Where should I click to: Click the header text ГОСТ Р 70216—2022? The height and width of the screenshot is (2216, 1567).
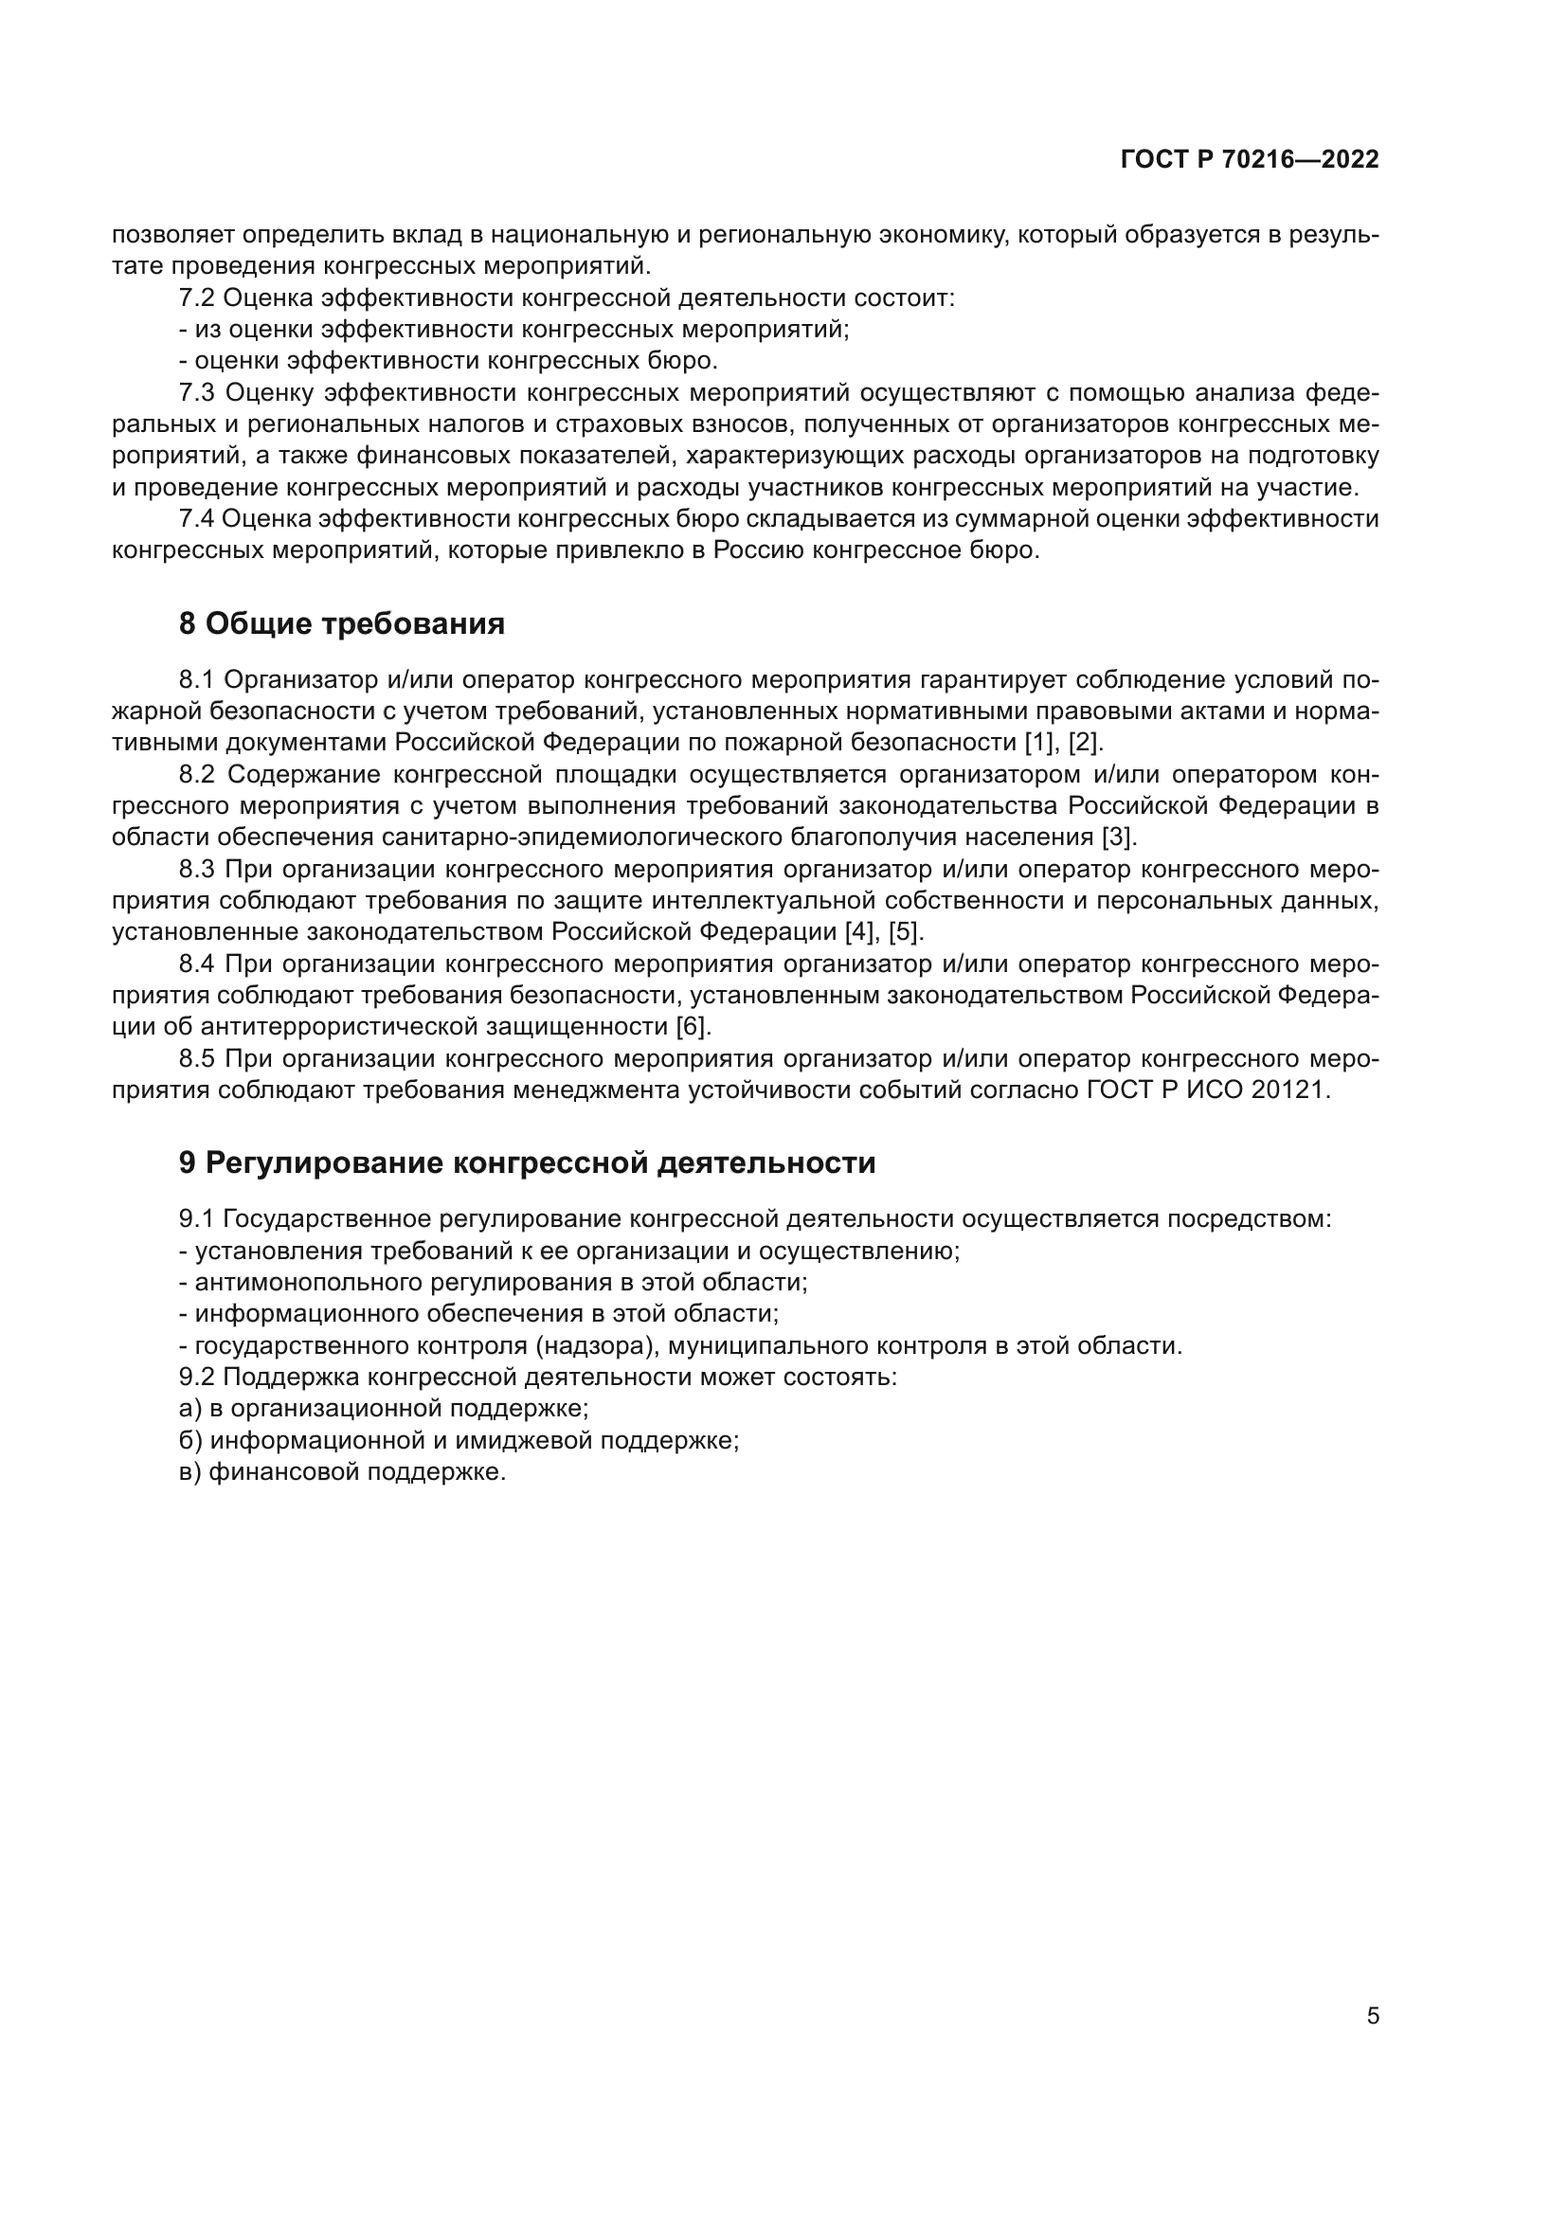point(1250,160)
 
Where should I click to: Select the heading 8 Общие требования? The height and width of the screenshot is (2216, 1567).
point(342,624)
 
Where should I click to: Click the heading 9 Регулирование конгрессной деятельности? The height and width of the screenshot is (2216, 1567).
point(527,1163)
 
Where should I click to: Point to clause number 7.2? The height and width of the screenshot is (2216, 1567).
point(196,298)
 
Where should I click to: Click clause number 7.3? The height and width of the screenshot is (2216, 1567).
point(197,393)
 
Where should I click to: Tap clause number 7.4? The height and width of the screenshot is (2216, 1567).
point(196,519)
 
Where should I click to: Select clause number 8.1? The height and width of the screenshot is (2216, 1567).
point(197,680)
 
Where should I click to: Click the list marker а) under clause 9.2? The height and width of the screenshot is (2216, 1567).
point(190,1409)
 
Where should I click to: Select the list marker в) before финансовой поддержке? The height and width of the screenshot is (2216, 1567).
point(190,1472)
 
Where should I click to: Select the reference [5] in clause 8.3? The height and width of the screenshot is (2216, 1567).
point(906,932)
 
